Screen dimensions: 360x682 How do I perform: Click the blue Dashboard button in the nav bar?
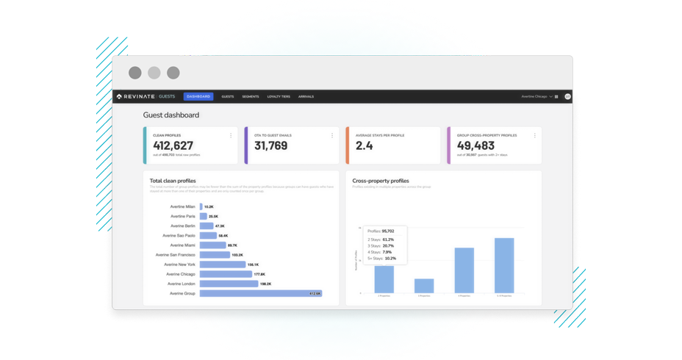pyautogui.click(x=198, y=96)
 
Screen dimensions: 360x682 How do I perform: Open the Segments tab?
pyautogui.click(x=251, y=96)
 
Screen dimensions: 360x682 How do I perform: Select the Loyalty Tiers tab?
pyautogui.click(x=279, y=96)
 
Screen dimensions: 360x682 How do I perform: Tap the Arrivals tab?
pyautogui.click(x=306, y=96)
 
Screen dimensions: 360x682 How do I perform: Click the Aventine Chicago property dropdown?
pyautogui.click(x=537, y=96)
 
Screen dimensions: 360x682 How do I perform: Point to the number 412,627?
pyautogui.click(x=173, y=145)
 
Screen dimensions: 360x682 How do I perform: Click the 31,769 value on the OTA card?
pyautogui.click(x=271, y=145)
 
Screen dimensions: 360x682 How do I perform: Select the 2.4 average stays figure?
pyautogui.click(x=365, y=145)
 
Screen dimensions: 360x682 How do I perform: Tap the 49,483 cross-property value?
pyautogui.click(x=475, y=145)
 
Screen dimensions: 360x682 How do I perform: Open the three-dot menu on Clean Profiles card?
pyautogui.click(x=231, y=136)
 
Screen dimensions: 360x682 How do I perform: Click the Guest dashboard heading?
pyautogui.click(x=171, y=115)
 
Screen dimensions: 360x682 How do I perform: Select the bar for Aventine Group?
pyautogui.click(x=261, y=293)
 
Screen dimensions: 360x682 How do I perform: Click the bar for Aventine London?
pyautogui.click(x=229, y=284)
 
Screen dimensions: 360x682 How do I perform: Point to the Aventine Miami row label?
pyautogui.click(x=182, y=245)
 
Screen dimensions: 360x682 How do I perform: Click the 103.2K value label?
pyautogui.click(x=237, y=255)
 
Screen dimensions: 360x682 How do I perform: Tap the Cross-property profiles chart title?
pyautogui.click(x=381, y=181)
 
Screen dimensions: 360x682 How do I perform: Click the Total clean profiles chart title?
pyautogui.click(x=173, y=181)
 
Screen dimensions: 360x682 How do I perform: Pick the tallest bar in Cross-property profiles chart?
pyautogui.click(x=504, y=265)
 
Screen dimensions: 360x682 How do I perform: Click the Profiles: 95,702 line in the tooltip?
pyautogui.click(x=381, y=231)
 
